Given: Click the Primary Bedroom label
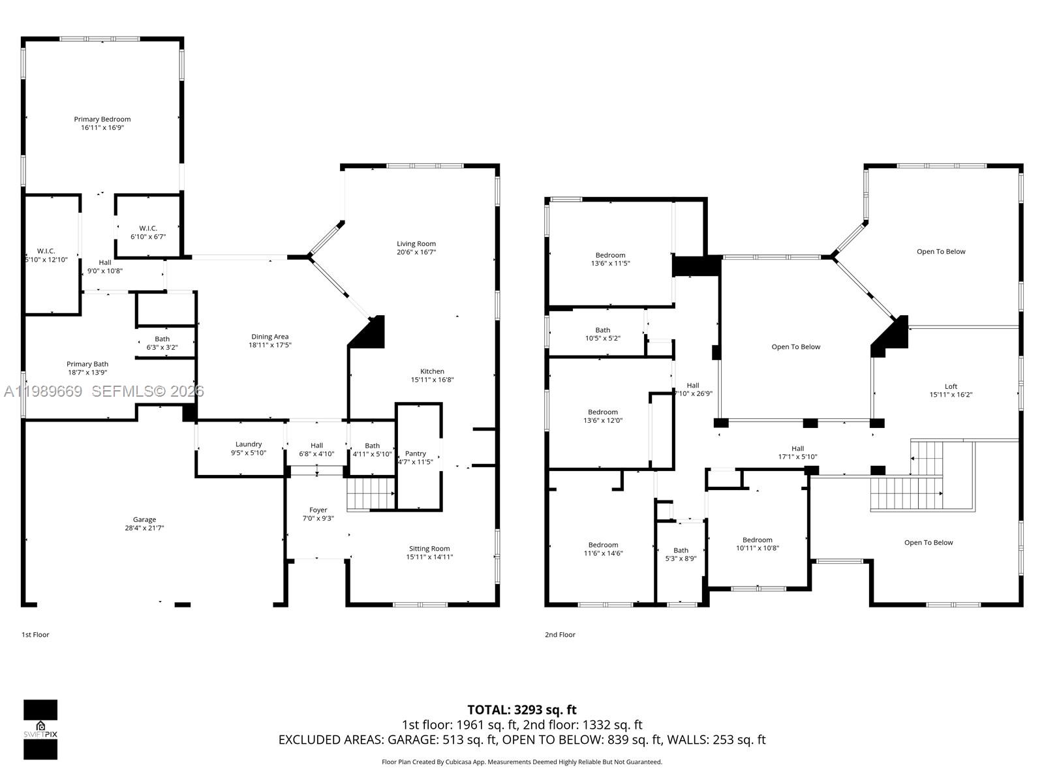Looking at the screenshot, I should click(x=102, y=119).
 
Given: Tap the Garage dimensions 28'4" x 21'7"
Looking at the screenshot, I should click(x=144, y=528).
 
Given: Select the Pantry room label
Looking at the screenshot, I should click(x=416, y=453).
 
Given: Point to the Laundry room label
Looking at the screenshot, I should click(x=249, y=444).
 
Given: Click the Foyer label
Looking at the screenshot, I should click(x=318, y=510).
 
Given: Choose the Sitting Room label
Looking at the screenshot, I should click(x=429, y=549).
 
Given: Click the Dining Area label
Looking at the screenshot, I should click(x=270, y=337).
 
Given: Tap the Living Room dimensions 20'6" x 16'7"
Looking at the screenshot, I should click(x=416, y=252).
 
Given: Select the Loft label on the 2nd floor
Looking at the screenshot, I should click(x=951, y=386).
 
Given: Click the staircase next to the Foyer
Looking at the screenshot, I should click(x=371, y=494).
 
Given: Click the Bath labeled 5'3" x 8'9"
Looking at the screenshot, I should click(x=681, y=554).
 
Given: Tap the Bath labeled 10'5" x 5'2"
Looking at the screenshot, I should click(x=602, y=334).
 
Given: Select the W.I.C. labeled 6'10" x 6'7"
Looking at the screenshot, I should click(x=148, y=232).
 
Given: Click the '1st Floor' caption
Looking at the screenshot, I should click(x=35, y=634).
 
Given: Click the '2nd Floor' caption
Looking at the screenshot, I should click(x=560, y=634).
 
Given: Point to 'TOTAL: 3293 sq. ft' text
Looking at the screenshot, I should click(x=522, y=709).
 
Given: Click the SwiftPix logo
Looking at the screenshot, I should click(x=40, y=729).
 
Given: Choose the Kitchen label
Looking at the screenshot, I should click(x=432, y=371).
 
